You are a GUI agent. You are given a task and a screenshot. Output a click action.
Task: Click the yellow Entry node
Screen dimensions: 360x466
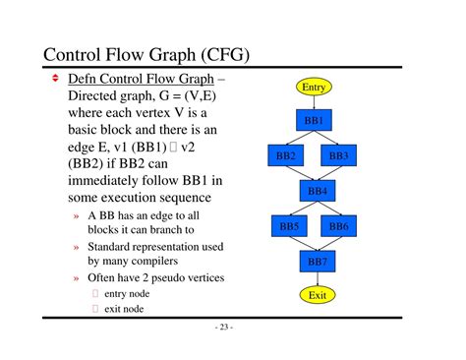click(x=314, y=88)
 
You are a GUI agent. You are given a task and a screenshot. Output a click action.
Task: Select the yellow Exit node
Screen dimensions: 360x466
click(x=316, y=295)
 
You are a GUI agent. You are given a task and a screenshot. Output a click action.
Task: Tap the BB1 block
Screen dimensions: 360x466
click(x=315, y=120)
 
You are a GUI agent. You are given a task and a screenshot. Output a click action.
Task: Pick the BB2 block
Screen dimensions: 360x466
click(x=286, y=155)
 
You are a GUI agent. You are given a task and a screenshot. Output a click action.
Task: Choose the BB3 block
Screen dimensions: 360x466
click(x=339, y=155)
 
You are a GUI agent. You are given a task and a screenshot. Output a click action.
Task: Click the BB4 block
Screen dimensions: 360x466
click(x=316, y=191)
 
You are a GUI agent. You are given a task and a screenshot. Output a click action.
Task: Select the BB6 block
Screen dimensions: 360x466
click(x=339, y=226)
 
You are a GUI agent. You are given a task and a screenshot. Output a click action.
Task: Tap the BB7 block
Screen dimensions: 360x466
click(x=316, y=262)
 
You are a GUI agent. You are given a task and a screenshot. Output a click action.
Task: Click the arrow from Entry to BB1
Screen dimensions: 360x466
click(x=315, y=102)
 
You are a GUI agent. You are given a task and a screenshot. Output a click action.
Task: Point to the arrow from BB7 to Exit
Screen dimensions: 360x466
click(x=316, y=278)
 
